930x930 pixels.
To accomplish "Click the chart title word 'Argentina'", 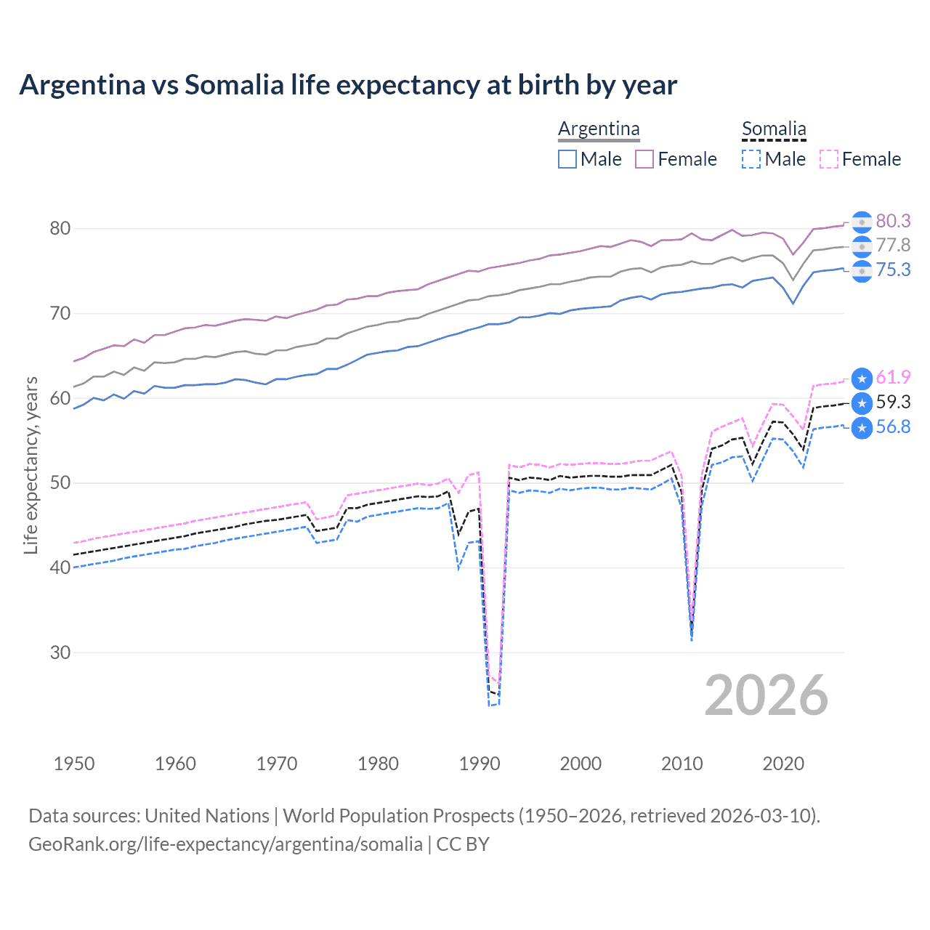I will click(82, 85).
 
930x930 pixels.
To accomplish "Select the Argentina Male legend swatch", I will click(567, 159).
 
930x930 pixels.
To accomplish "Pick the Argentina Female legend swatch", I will click(644, 159).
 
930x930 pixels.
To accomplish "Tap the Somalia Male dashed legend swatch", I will click(751, 159).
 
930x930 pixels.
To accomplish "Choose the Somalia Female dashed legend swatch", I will click(829, 159).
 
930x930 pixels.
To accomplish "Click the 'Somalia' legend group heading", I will click(774, 129).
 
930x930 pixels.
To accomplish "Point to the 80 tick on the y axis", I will click(60, 228).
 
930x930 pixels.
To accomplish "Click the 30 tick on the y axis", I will click(60, 652).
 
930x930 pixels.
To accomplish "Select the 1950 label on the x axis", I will click(74, 764).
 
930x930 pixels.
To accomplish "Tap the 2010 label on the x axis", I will click(682, 764).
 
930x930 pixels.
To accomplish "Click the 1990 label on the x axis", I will click(480, 764).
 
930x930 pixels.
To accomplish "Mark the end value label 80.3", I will click(893, 221).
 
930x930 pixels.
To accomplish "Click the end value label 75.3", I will click(893, 270).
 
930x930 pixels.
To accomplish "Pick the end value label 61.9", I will click(893, 377).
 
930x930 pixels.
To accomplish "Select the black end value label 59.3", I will click(893, 402).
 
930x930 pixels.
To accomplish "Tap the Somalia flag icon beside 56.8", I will click(862, 428).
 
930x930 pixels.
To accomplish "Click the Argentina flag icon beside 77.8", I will click(862, 246).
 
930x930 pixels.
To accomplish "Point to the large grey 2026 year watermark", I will click(766, 695).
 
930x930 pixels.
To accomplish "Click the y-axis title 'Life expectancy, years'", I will click(31, 465).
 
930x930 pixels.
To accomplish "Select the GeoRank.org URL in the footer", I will click(225, 844).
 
